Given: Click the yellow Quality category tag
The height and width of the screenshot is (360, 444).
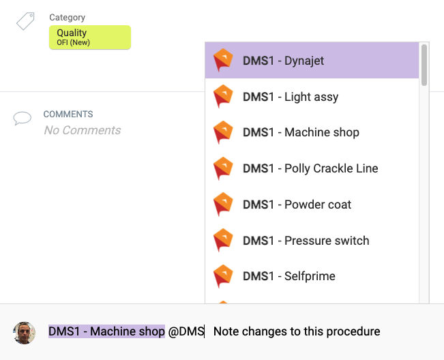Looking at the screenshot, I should pos(89,37).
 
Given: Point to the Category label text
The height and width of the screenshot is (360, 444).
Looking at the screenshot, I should pos(68,17).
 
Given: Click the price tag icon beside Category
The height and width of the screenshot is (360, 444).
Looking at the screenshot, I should pos(25,21).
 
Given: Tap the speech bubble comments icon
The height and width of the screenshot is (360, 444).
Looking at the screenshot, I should pos(23,119).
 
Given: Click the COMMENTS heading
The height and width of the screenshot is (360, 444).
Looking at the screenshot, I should pos(68,115).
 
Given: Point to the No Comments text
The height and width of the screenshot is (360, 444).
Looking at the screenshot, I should pos(83,130).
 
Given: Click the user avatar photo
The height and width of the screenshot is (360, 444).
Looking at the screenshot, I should pos(25,332).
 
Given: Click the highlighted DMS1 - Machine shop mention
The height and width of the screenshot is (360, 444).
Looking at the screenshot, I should pos(106,331).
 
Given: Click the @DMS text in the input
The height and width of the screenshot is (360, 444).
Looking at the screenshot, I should pos(186,331).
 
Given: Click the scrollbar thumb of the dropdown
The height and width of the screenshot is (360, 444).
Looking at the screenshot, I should pos(424,65).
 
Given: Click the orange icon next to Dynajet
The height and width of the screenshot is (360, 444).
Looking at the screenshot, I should pos(223,61).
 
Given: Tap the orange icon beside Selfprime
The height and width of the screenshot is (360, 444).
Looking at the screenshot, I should pos(223,276).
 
